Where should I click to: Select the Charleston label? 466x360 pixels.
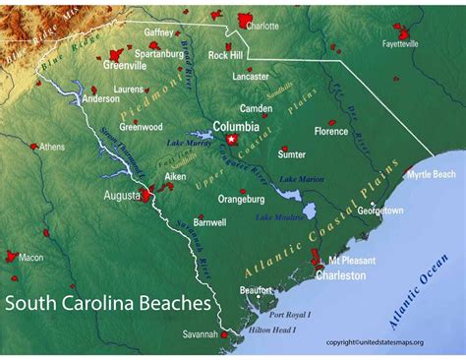[x=340, y=275]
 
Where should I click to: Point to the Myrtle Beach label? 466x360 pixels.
[x=432, y=174]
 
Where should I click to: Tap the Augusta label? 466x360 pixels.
[x=122, y=195]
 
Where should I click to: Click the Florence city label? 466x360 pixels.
[x=331, y=131]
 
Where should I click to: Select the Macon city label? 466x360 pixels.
[x=31, y=258]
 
